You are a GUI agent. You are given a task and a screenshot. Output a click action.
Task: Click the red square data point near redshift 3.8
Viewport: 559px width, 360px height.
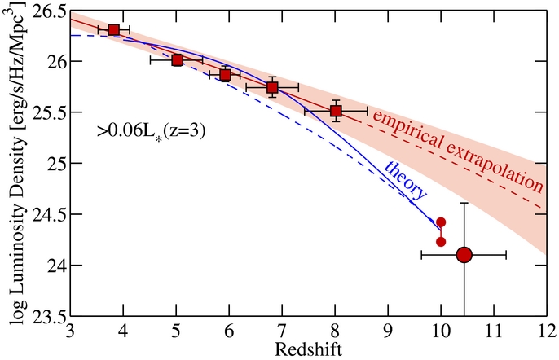coord(113,30)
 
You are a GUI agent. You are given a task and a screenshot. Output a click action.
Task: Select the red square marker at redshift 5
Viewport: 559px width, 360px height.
coord(177,60)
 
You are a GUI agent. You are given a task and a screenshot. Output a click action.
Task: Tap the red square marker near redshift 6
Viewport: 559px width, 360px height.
coord(226,75)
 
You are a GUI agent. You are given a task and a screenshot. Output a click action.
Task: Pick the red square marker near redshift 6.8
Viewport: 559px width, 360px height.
coord(272,88)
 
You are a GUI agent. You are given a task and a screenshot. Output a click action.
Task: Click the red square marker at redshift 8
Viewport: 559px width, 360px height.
coord(336,111)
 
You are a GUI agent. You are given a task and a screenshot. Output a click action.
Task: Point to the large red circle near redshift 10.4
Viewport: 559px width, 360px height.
coord(464,255)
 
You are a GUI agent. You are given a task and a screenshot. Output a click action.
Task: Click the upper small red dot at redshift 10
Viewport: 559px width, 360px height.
coord(441,222)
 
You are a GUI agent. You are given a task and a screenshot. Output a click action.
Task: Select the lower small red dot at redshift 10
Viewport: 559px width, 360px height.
coord(441,241)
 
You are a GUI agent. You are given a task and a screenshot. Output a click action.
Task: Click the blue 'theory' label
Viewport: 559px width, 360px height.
coord(405,179)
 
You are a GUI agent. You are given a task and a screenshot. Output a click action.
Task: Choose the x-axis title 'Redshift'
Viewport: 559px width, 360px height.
coord(307,349)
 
